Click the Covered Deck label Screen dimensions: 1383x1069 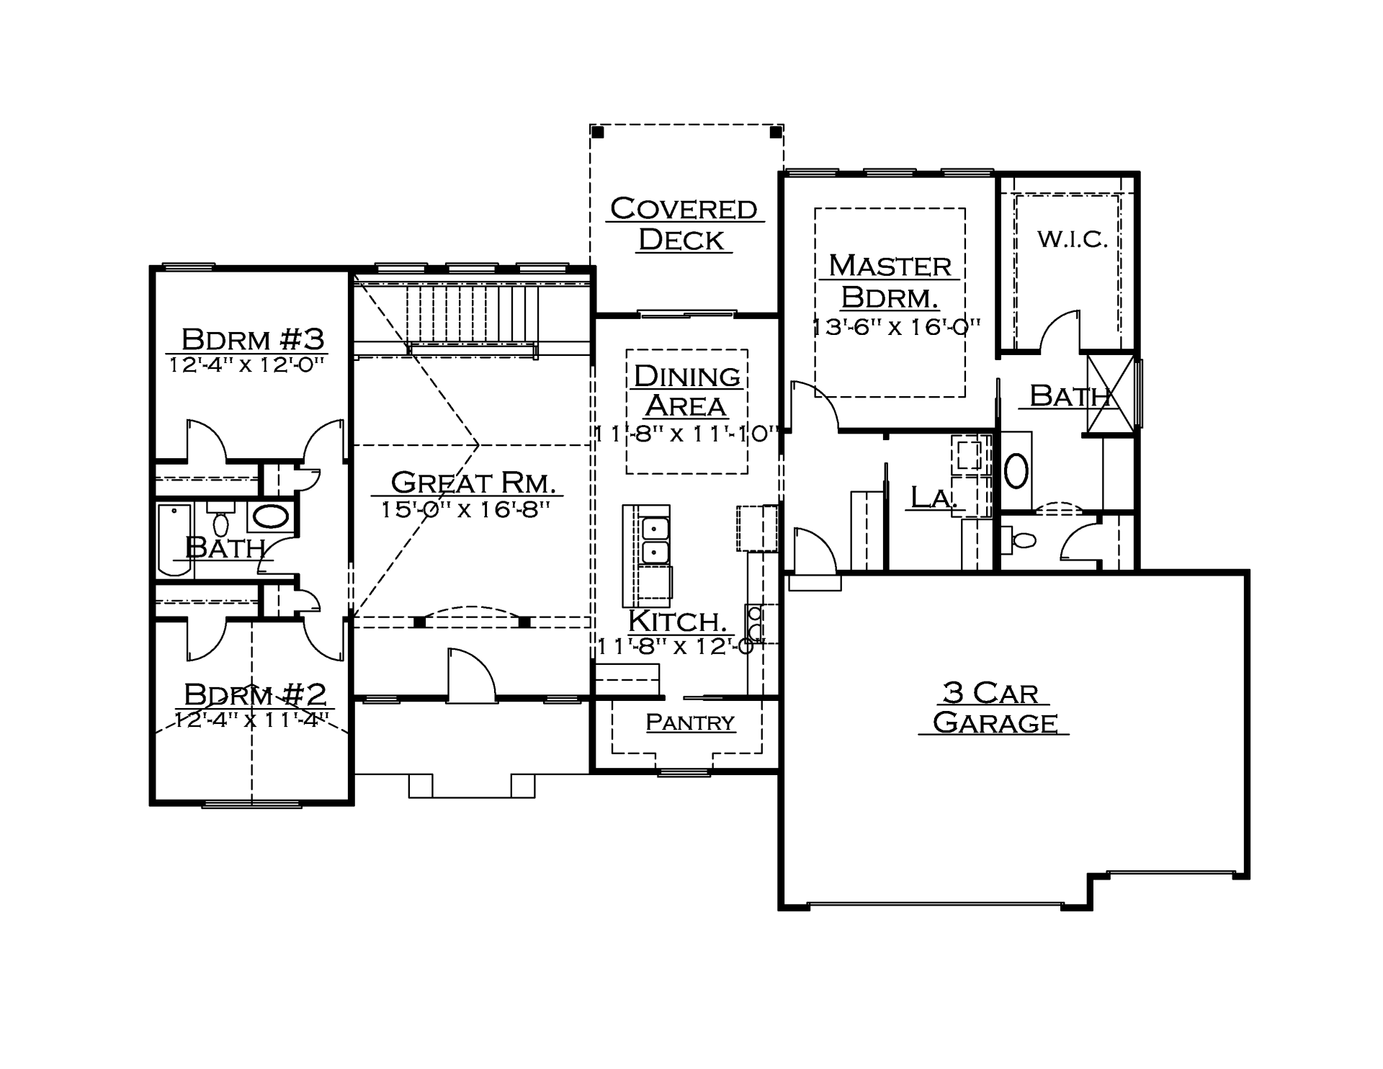point(684,224)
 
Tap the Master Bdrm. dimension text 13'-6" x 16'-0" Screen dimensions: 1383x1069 point(897,327)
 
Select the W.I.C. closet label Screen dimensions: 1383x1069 point(1073,239)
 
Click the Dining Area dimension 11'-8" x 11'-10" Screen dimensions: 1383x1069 point(686,434)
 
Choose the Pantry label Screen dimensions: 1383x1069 point(690,722)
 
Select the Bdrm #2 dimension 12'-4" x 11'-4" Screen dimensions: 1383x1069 point(252,720)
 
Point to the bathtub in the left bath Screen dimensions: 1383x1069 point(174,540)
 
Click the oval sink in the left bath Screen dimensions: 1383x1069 point(271,516)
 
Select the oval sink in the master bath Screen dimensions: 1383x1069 point(1016,471)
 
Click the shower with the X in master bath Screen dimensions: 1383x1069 point(1110,395)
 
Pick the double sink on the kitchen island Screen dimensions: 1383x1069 point(655,540)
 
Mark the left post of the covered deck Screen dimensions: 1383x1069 point(597,132)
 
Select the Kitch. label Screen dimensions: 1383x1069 point(676,621)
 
